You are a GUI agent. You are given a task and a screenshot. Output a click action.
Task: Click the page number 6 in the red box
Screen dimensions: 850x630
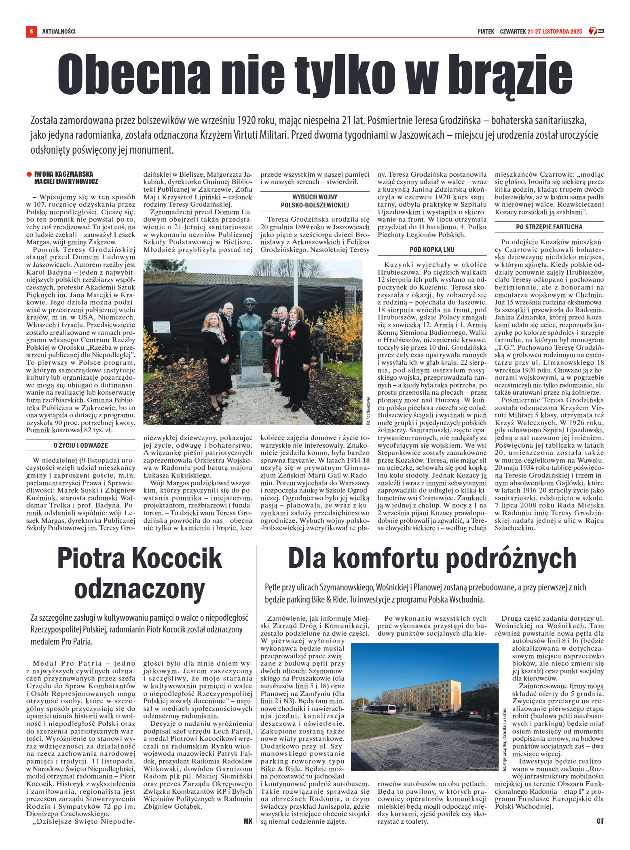[x=31, y=31]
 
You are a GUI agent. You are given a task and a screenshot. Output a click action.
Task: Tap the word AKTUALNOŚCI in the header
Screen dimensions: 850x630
[x=59, y=31]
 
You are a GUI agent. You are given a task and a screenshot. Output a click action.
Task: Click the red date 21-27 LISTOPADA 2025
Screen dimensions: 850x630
[x=554, y=31]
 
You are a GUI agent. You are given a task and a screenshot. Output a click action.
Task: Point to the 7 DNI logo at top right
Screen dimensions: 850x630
[x=596, y=31]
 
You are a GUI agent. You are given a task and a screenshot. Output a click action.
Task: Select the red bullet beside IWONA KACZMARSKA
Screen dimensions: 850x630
[x=29, y=174]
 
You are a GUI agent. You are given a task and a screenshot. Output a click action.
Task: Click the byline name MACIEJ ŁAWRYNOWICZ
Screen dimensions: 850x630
[x=66, y=182]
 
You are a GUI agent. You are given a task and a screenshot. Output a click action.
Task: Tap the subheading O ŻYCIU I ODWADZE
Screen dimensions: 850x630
[x=80, y=445]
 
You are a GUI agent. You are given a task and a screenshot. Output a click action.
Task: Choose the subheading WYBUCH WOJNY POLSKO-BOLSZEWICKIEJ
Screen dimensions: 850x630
[x=315, y=201]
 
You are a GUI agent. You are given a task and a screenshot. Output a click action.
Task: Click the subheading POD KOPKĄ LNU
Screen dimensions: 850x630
[x=432, y=250]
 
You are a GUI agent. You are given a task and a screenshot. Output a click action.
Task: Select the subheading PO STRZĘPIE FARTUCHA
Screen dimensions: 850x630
[x=549, y=227]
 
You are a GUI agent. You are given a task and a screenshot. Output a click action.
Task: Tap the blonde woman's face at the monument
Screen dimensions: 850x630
[x=212, y=322]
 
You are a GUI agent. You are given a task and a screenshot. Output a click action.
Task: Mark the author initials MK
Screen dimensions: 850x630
[x=248, y=821]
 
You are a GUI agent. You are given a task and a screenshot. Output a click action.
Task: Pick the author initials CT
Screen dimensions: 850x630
[x=600, y=821]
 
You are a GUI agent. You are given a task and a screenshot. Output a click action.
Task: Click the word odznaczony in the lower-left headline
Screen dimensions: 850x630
[x=140, y=589]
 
